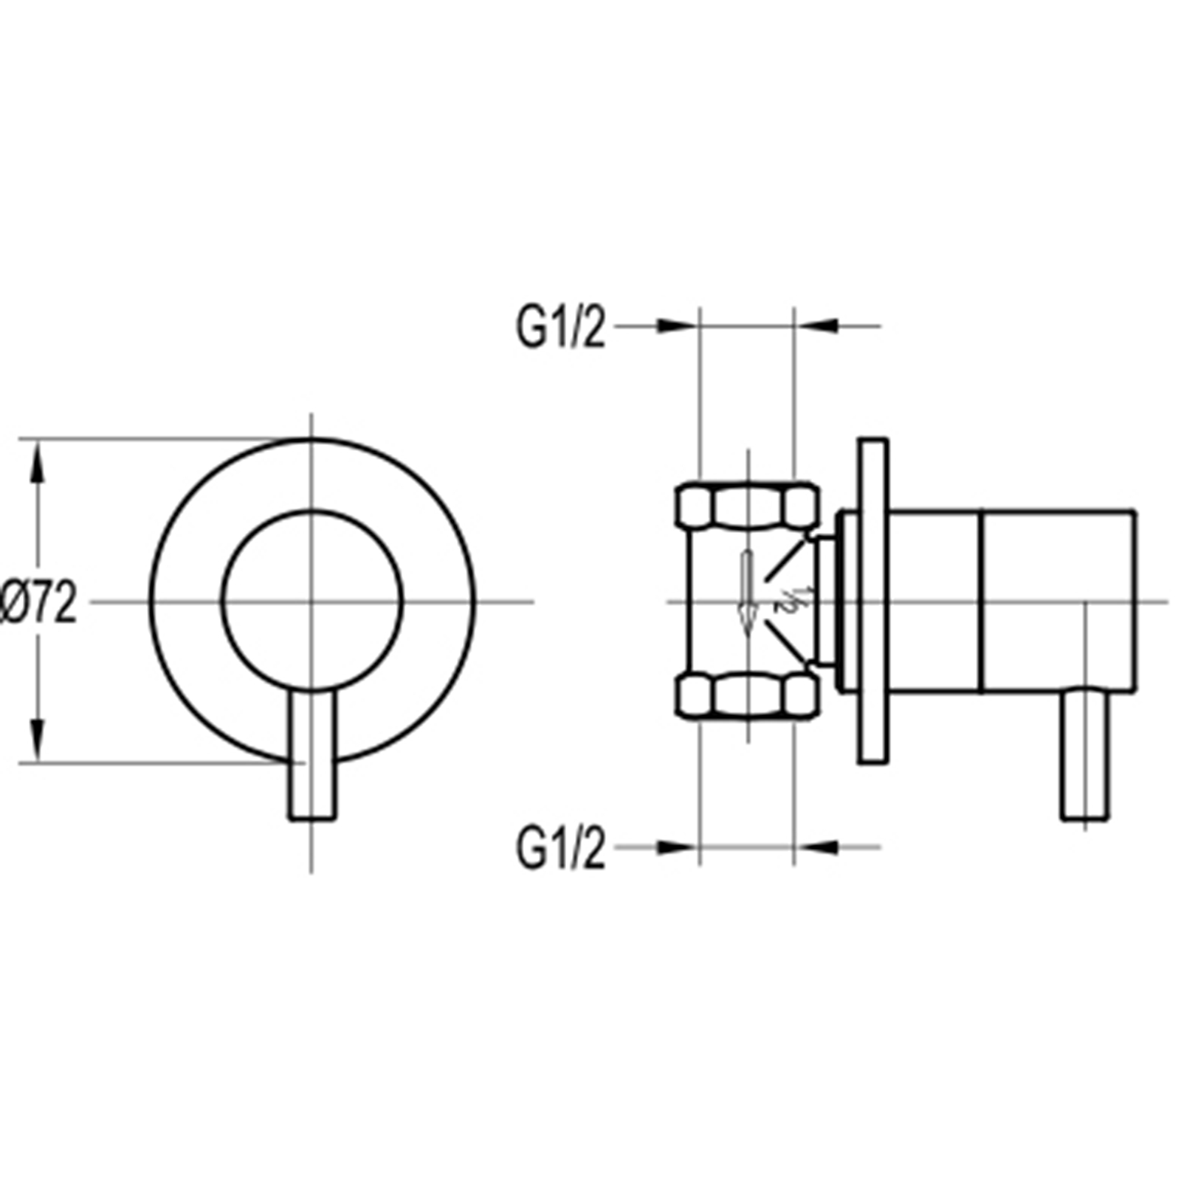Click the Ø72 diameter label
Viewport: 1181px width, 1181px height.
(x=38, y=602)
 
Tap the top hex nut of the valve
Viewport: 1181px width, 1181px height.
(x=748, y=506)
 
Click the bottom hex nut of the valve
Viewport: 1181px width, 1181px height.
(x=748, y=697)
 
